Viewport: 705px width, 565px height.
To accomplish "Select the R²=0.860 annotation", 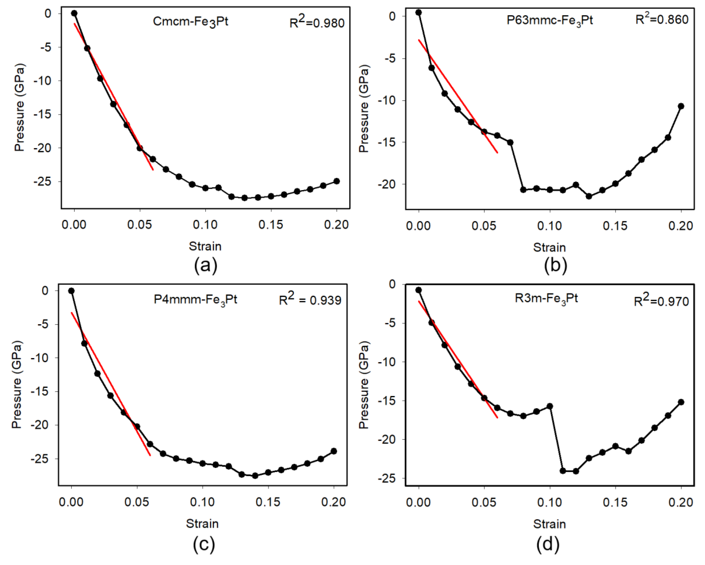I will pos(662,20).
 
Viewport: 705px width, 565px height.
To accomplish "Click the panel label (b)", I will pos(555,265).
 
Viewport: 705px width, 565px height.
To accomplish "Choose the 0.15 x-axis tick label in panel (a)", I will pos(271,225).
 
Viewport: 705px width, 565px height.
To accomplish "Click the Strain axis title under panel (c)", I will pos(202,523).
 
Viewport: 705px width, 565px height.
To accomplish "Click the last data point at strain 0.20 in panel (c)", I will pos(334,451).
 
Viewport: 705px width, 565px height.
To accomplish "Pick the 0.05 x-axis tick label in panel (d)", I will pos(484,502).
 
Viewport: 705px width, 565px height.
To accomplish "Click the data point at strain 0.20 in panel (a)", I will pos(337,181).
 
